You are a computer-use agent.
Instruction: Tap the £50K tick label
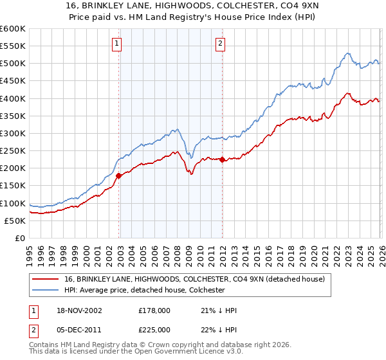[15, 221]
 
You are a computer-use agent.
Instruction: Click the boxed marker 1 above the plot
[117, 44]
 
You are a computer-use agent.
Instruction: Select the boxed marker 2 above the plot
[220, 44]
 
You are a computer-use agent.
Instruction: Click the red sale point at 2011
[222, 160]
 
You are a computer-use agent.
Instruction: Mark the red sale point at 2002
[119, 176]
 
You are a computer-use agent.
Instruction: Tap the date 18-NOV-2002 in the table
[81, 310]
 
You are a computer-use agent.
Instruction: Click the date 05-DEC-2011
[80, 330]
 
